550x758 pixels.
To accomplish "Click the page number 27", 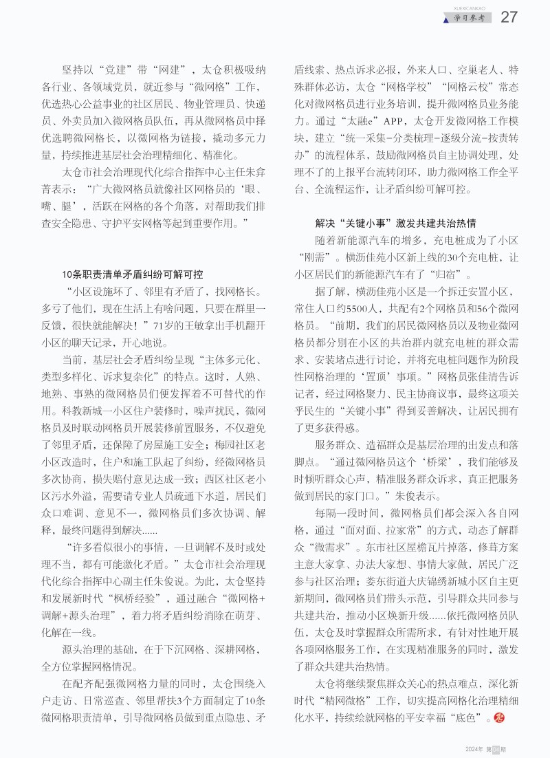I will (x=509, y=17).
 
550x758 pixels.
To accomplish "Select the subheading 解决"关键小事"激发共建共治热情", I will (x=395, y=224).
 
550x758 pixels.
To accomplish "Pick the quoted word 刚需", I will (x=321, y=258).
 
